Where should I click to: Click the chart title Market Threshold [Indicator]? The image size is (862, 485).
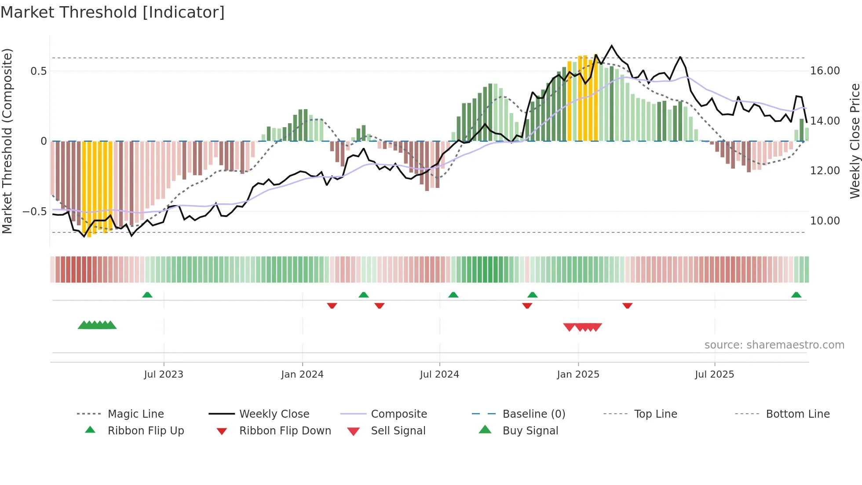coord(113,12)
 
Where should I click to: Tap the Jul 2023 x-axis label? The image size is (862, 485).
coord(164,375)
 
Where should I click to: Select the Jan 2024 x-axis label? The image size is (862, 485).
coord(303,375)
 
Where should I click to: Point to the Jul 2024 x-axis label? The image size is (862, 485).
coord(439,375)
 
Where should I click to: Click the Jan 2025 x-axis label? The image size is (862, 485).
coord(578,375)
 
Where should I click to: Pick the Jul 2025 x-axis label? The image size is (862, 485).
coord(715,375)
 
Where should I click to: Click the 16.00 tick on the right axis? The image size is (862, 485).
coord(825,71)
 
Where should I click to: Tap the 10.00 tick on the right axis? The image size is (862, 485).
coord(825,221)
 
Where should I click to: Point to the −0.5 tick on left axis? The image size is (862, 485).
coord(35,212)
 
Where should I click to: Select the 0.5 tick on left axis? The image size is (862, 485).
coord(39,71)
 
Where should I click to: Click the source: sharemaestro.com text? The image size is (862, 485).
coord(774,345)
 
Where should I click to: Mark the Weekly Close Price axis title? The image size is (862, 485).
coord(855,141)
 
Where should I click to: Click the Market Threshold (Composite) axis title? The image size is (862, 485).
coord(7,141)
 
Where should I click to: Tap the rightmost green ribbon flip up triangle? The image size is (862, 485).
coord(796,295)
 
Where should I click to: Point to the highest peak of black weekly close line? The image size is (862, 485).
coord(611,46)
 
